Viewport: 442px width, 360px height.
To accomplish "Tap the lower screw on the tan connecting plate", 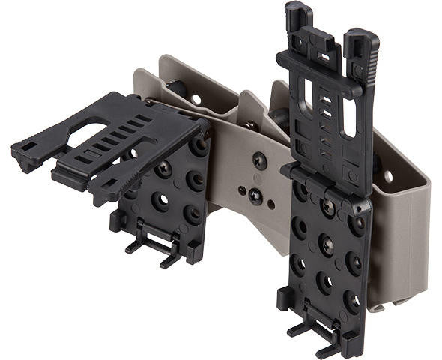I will click(x=255, y=198).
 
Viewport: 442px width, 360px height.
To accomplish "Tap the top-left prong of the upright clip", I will click(x=298, y=15).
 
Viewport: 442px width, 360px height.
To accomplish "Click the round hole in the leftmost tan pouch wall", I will click(x=196, y=98).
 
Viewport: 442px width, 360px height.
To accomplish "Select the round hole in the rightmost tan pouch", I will click(x=387, y=177).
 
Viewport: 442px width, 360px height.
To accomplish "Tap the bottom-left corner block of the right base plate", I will click(x=285, y=300).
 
